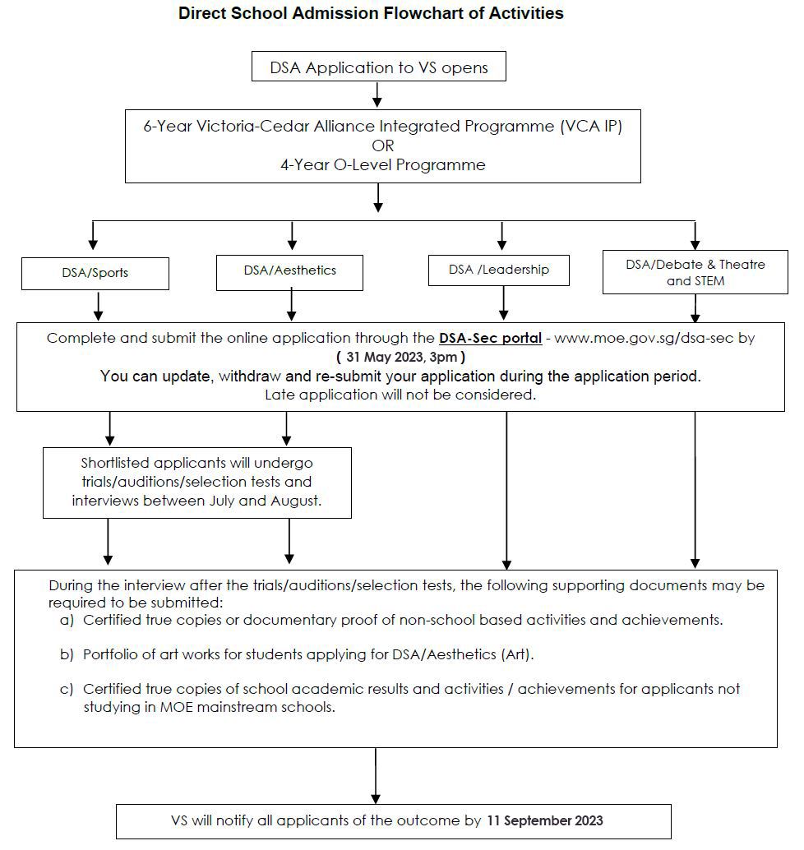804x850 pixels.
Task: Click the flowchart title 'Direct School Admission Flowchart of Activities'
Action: [x=371, y=13]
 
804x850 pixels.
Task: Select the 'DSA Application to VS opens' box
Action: [x=378, y=66]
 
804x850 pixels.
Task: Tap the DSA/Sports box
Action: [x=95, y=273]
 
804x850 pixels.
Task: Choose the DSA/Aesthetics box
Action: [x=289, y=273]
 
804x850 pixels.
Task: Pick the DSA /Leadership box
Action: [x=499, y=270]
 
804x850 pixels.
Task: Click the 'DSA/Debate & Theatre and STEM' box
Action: [x=695, y=272]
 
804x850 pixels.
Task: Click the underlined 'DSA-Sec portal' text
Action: [x=490, y=338]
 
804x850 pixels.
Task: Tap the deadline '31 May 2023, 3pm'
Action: [x=400, y=357]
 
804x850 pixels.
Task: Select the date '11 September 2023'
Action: [x=545, y=820]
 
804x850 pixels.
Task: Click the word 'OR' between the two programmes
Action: [x=383, y=146]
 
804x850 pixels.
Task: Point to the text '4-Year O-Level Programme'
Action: [x=383, y=164]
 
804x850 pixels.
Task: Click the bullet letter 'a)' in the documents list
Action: [x=67, y=620]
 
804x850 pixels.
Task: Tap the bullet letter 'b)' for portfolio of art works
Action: [x=67, y=655]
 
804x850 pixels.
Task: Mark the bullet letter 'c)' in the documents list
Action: [x=66, y=690]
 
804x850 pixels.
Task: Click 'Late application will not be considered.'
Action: [x=400, y=395]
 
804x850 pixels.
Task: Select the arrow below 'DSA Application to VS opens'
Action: [x=378, y=95]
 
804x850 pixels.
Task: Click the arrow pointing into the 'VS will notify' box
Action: [x=375, y=776]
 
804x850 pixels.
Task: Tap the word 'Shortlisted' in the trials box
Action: [x=115, y=463]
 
